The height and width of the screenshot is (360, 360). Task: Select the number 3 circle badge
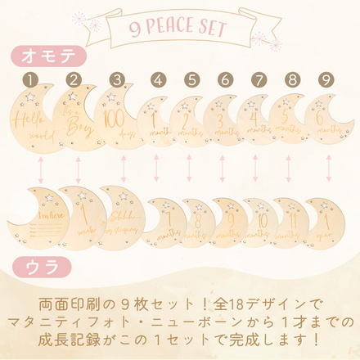[118, 80]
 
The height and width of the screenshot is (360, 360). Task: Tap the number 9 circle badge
[326, 80]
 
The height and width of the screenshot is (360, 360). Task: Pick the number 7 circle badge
[259, 80]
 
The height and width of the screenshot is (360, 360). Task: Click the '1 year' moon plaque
[321, 223]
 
